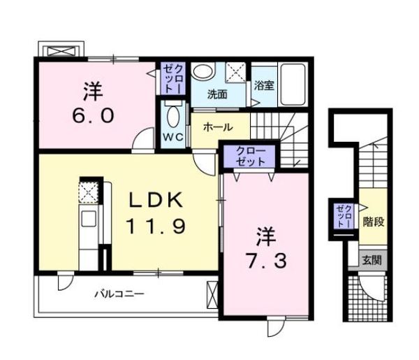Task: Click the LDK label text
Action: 155,201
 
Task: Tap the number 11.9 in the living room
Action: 155,226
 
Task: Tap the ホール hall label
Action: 218,128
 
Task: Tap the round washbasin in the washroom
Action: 203,72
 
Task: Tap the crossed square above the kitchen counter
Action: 89,192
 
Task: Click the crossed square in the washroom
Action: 236,71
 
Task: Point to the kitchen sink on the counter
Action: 89,219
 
